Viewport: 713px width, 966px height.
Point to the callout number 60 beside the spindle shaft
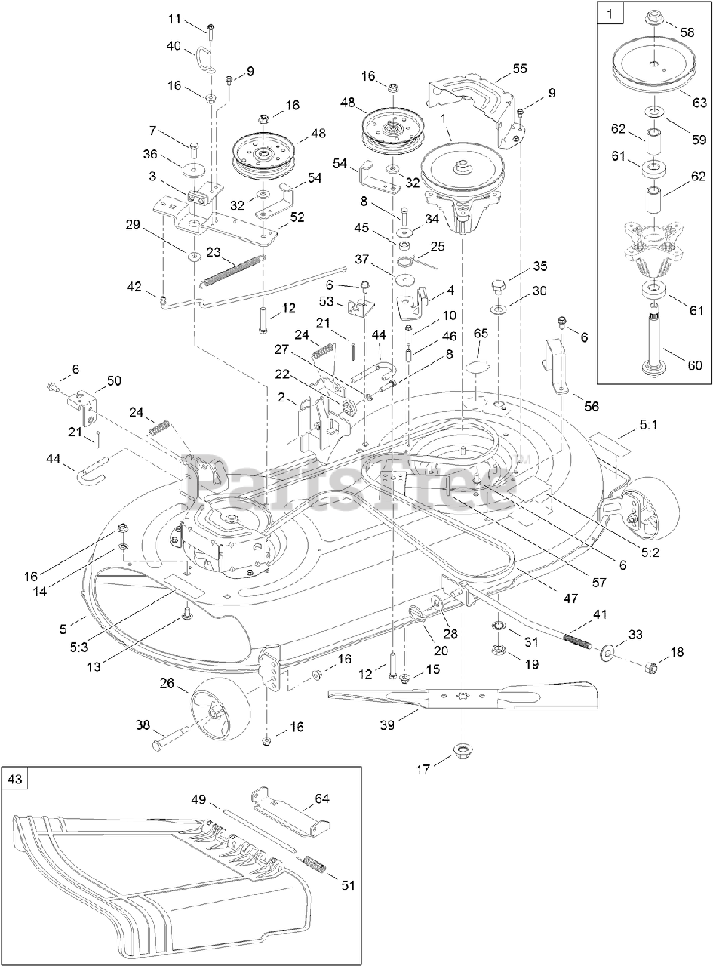click(693, 366)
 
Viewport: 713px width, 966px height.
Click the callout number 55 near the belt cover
click(520, 68)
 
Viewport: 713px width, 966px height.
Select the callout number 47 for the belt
click(571, 598)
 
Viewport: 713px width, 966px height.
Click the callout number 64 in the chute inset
click(322, 798)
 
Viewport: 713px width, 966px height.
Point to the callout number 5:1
click(649, 425)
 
